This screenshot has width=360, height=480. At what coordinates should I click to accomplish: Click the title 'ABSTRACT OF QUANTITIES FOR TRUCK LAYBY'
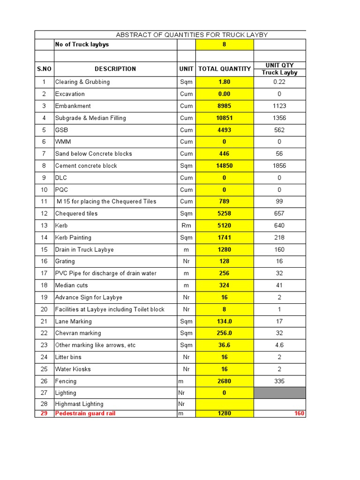(191, 35)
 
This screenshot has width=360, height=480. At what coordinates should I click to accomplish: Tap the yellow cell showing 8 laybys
(224, 45)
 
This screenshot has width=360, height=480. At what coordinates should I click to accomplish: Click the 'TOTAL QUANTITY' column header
(224, 69)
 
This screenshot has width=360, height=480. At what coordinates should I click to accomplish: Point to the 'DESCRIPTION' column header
(115, 69)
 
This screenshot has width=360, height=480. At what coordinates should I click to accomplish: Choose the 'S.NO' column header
(44, 69)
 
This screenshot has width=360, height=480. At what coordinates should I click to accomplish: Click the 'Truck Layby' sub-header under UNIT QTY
(279, 73)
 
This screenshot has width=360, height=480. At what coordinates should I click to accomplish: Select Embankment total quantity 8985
(224, 106)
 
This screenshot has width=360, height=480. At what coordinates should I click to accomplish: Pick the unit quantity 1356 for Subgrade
(279, 118)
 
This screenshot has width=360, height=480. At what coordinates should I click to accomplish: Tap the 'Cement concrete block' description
(86, 166)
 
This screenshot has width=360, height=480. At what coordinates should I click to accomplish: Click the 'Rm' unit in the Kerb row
(186, 225)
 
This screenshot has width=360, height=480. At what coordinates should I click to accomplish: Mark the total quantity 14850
(224, 166)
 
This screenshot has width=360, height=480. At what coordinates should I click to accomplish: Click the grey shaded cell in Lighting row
(279, 393)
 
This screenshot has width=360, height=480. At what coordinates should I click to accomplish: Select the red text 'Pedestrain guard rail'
(85, 413)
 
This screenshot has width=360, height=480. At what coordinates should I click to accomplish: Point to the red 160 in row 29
(299, 413)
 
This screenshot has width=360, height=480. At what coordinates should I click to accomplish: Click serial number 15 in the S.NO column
(44, 250)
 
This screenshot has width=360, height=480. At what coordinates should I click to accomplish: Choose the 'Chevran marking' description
(78, 333)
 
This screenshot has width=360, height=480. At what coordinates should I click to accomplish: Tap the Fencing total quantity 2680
(224, 382)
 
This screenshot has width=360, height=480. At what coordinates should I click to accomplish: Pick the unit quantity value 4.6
(279, 345)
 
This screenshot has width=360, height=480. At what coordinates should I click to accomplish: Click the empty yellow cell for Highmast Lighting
(224, 404)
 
